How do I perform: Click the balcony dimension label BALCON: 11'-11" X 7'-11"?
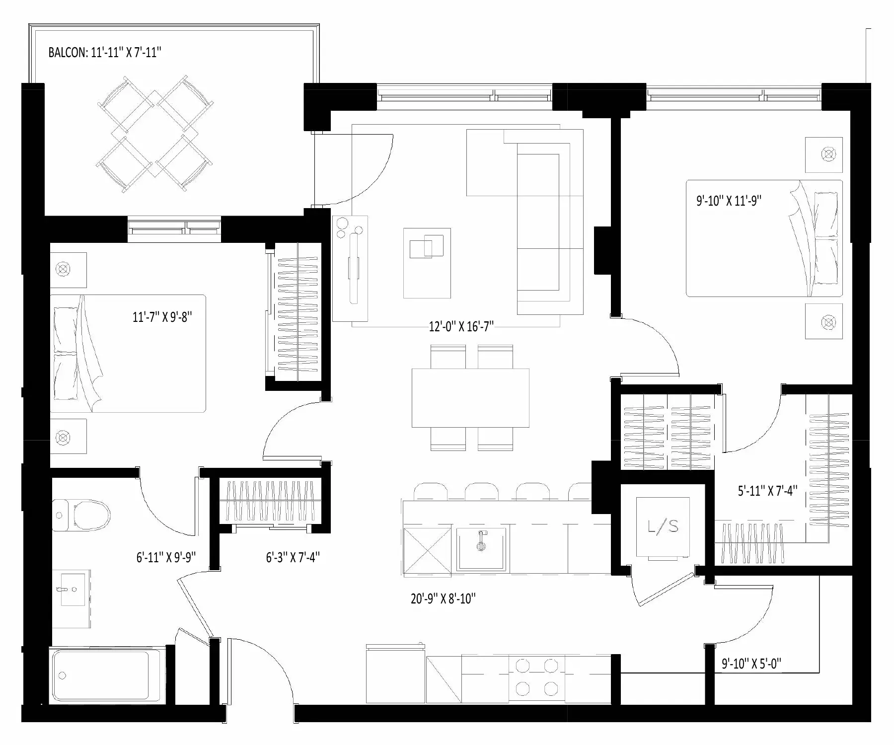tap(105, 53)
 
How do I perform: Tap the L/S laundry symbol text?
tap(663, 526)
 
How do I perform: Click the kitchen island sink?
tap(481, 549)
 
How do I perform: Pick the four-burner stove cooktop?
tap(536, 676)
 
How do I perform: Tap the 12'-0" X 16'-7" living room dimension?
tap(461, 326)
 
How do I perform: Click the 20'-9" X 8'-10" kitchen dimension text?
tap(443, 598)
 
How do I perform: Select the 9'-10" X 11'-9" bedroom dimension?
tap(729, 201)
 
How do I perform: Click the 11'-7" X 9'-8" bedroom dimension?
tap(162, 316)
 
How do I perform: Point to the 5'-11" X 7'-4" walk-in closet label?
tap(767, 491)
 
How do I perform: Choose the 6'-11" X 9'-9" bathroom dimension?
tap(166, 557)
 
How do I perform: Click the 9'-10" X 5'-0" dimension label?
tap(751, 664)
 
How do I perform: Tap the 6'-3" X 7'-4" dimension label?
tap(293, 557)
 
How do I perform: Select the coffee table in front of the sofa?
tap(427, 263)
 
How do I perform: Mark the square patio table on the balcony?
tap(155, 134)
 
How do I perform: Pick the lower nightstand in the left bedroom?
tap(68, 436)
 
